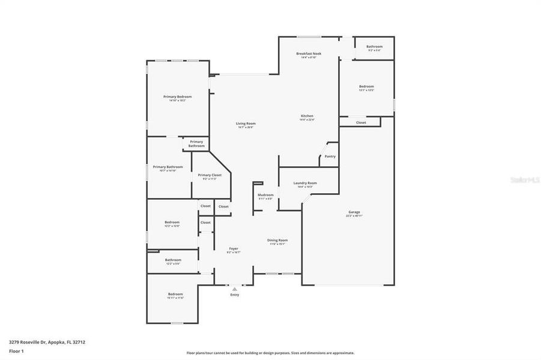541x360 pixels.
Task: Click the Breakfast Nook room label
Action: pos(309,53)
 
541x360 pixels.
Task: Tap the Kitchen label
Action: pos(307,116)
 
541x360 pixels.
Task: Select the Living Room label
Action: pos(246,123)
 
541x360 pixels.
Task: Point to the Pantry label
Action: pos(330,156)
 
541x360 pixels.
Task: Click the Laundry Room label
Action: pos(305,183)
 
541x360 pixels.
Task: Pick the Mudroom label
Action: pos(265,194)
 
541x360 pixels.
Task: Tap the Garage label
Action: pos(354,212)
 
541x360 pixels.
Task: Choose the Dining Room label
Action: pos(277,240)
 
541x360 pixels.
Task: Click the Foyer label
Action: pos(234,248)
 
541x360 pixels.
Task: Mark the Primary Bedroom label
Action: pos(178,97)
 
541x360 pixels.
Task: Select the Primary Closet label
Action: pos(210,175)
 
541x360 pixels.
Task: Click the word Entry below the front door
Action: pos(234,295)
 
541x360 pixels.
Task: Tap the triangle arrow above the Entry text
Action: pos(234,289)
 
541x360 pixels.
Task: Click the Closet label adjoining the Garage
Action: pos(361,122)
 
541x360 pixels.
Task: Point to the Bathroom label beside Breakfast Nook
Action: pos(375,46)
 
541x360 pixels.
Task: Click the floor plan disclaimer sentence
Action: pos(270,353)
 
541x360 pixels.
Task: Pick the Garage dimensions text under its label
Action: pos(354,216)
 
